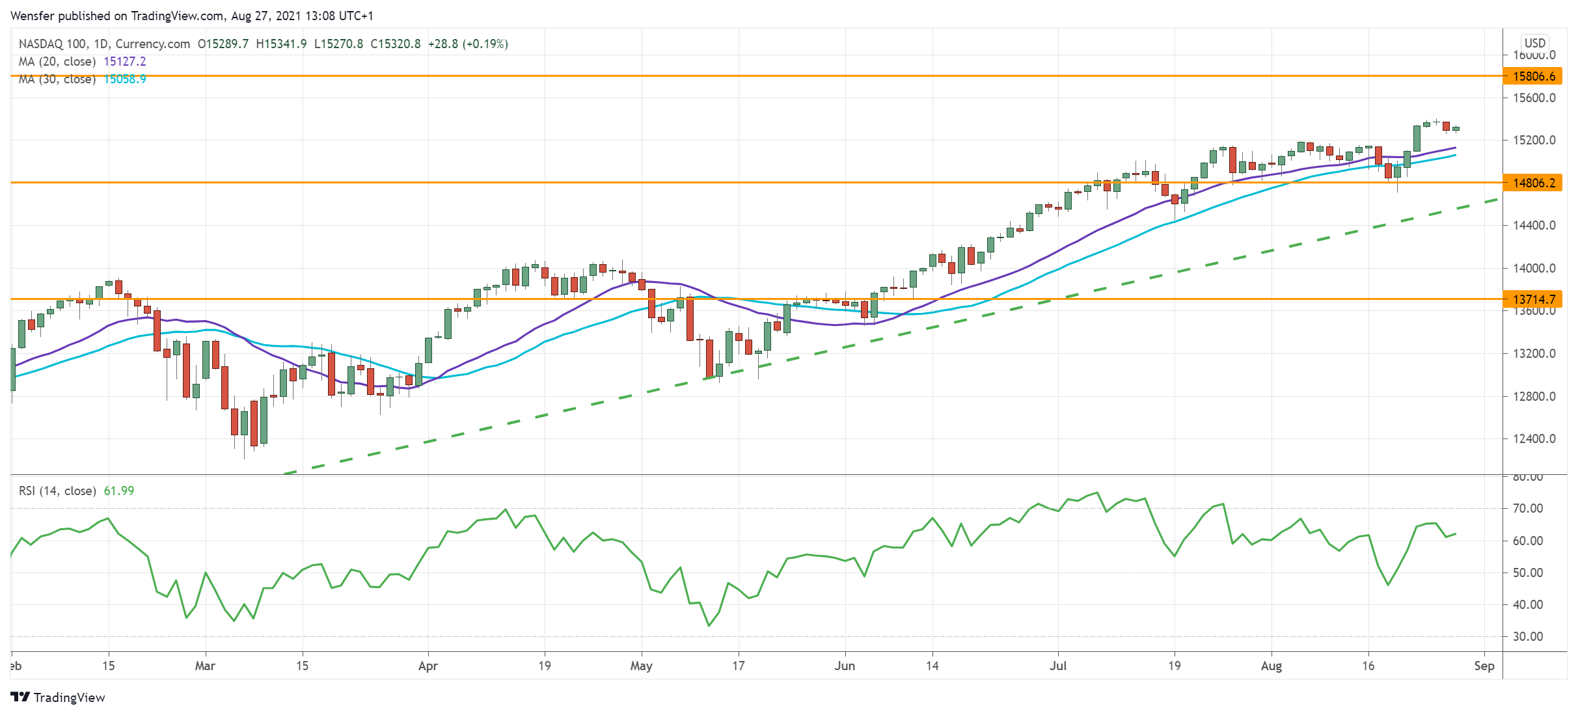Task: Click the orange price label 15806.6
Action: pos(1533,76)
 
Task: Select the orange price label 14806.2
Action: pos(1533,183)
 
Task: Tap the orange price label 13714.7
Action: pos(1533,299)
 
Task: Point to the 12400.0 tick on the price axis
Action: pos(1534,439)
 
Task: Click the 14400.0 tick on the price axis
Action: pos(1534,226)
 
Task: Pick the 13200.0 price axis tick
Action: pos(1534,354)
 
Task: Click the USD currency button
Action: pos(1534,43)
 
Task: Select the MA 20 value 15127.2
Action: pos(125,62)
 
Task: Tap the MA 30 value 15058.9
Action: pos(125,79)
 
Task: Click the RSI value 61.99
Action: pos(119,491)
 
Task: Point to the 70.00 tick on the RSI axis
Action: pos(1527,509)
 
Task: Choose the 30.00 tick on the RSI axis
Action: pos(1527,637)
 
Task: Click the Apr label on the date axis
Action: pos(428,666)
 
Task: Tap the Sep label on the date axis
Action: pos(1484,666)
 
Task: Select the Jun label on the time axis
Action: pos(845,666)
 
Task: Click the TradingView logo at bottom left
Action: pos(58,697)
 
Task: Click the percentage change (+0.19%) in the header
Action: pos(485,44)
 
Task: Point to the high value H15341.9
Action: pos(281,44)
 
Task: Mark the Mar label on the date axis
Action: pos(205,666)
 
